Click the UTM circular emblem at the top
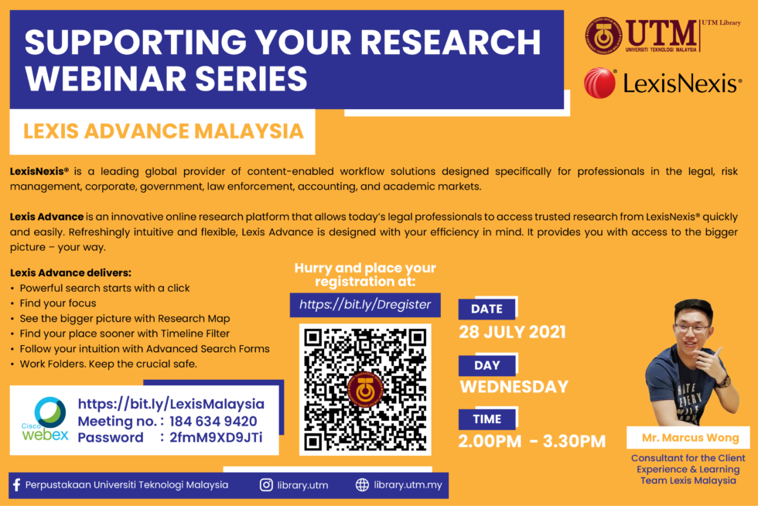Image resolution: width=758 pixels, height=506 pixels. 603,36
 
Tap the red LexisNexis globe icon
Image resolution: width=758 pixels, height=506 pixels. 600,83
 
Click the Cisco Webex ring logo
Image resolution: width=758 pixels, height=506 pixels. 50,412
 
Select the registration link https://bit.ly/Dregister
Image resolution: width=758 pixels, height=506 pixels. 365,305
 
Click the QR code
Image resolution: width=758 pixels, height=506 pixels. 365,389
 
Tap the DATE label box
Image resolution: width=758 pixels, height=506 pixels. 487,309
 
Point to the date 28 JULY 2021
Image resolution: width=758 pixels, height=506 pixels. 512,332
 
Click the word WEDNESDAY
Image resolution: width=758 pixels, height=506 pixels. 514,387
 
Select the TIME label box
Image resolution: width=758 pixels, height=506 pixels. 487,419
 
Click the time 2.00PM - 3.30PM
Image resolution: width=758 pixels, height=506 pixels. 532,441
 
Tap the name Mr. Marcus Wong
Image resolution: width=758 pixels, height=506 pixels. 690,438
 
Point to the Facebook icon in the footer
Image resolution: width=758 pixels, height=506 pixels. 16,484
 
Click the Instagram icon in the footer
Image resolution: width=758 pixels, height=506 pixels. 266,484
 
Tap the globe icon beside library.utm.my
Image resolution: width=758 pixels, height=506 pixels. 362,484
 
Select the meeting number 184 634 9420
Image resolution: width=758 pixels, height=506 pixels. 213,422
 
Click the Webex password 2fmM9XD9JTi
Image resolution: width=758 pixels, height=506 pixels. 216,437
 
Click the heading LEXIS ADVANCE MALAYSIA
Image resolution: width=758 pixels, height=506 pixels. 163,132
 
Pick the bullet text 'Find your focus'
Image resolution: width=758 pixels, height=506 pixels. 58,303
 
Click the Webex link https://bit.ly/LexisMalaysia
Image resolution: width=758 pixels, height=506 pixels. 171,404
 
